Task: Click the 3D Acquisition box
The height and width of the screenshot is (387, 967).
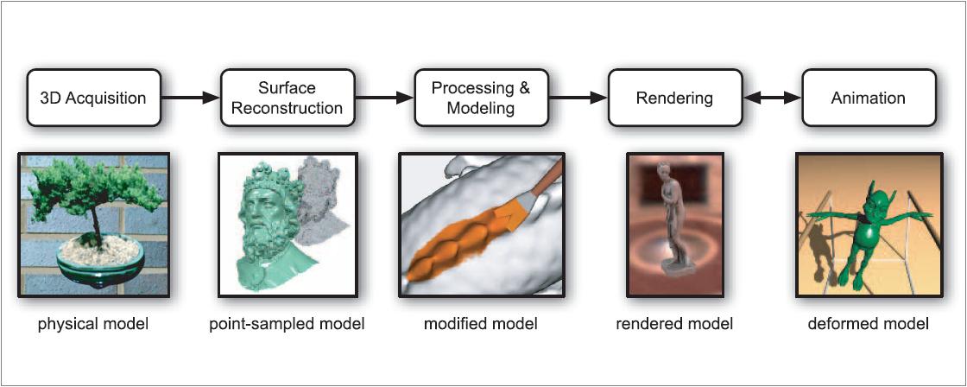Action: (93, 98)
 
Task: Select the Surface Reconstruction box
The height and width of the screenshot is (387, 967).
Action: (287, 98)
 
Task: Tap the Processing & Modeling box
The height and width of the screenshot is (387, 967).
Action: (480, 98)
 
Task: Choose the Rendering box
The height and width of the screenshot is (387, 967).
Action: (673, 98)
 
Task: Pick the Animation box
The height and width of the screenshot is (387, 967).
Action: (868, 98)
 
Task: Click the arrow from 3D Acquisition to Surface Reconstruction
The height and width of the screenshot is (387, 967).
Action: (190, 98)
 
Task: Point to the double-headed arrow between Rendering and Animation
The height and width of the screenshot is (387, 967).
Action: (771, 98)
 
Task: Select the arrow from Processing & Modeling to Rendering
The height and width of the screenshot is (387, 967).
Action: (577, 98)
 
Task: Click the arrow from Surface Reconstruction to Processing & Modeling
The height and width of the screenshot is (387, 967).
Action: (383, 98)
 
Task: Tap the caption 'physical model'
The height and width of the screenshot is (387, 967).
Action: (93, 325)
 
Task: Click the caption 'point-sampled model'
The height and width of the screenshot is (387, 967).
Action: (287, 325)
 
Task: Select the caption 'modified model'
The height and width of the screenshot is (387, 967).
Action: (480, 325)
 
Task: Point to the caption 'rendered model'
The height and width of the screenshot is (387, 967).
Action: (674, 325)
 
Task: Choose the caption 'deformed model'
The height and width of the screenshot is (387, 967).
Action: (869, 325)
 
